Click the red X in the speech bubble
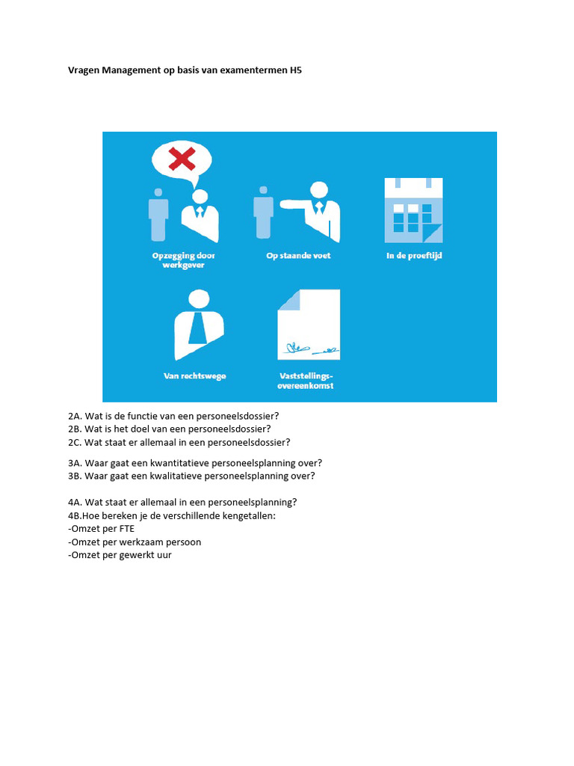[182, 159]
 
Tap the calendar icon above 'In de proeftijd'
[413, 210]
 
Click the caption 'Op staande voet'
[298, 256]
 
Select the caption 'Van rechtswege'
[195, 376]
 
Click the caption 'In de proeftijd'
[413, 256]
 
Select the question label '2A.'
[74, 416]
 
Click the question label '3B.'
[74, 476]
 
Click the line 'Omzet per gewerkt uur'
[120, 555]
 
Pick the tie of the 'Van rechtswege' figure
[198, 327]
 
